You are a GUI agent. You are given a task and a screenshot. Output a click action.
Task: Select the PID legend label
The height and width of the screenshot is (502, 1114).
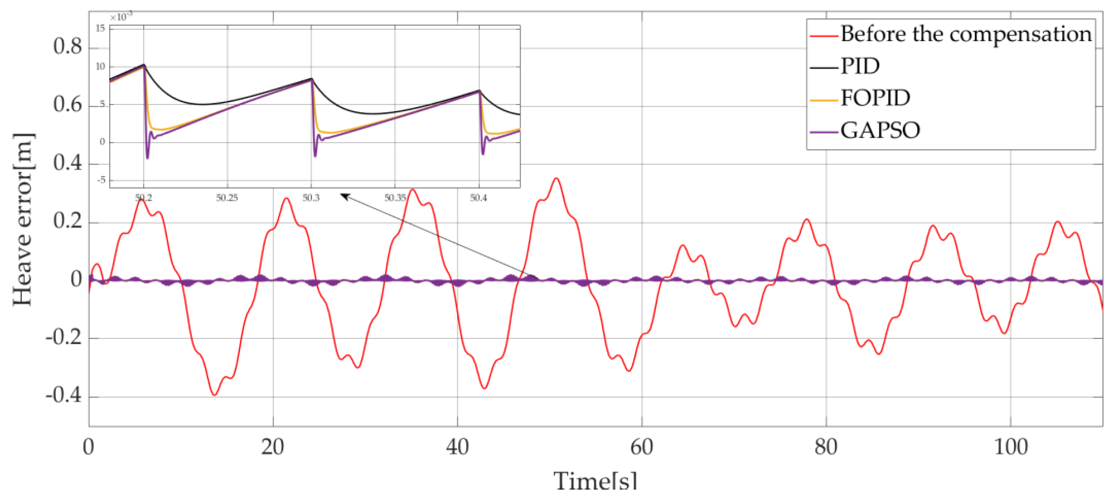coord(860,67)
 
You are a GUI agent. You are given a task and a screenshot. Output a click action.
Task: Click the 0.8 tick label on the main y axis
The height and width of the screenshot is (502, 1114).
coord(68,46)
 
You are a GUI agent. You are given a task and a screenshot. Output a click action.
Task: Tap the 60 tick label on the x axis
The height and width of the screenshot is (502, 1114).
coord(641,447)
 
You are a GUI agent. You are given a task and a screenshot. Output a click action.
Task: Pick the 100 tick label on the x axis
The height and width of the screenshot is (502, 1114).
coord(1010,447)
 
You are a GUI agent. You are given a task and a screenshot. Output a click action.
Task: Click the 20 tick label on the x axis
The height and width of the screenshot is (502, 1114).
coord(273,447)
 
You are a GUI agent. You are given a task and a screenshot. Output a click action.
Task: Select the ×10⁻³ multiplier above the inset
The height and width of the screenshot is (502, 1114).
coord(121,17)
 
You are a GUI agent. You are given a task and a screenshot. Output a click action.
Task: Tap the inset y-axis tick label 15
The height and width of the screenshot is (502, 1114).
coord(100,28)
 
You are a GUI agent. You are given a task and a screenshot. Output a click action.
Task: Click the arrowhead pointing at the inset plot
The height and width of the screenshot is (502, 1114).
coord(344,196)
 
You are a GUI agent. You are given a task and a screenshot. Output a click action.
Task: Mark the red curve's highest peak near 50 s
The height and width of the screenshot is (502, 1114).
coord(557,178)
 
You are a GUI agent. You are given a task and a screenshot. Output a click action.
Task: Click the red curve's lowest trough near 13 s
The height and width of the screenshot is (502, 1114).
coord(215,395)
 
